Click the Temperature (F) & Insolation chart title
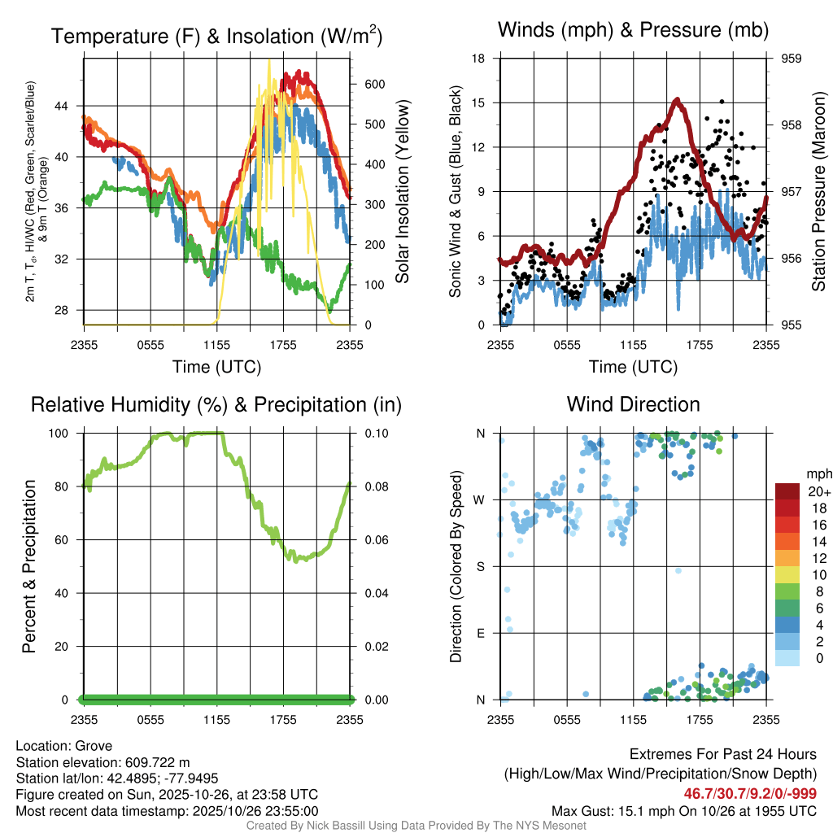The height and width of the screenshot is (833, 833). coord(216,36)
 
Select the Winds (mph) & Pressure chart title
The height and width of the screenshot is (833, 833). coord(634,30)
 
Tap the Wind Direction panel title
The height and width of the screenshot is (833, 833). coord(633,404)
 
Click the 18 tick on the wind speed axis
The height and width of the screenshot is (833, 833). coord(478,59)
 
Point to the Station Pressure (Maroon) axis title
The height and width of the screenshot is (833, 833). coord(819,192)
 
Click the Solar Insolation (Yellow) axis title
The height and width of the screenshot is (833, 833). coord(402,192)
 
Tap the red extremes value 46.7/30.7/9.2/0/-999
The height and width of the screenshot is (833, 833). coord(749,794)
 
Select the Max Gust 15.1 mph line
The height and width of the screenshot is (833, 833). coord(683,811)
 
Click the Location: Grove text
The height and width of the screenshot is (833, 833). coord(64,746)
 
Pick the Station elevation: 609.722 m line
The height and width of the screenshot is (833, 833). coord(102,762)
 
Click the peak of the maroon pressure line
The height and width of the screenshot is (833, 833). coord(677,100)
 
